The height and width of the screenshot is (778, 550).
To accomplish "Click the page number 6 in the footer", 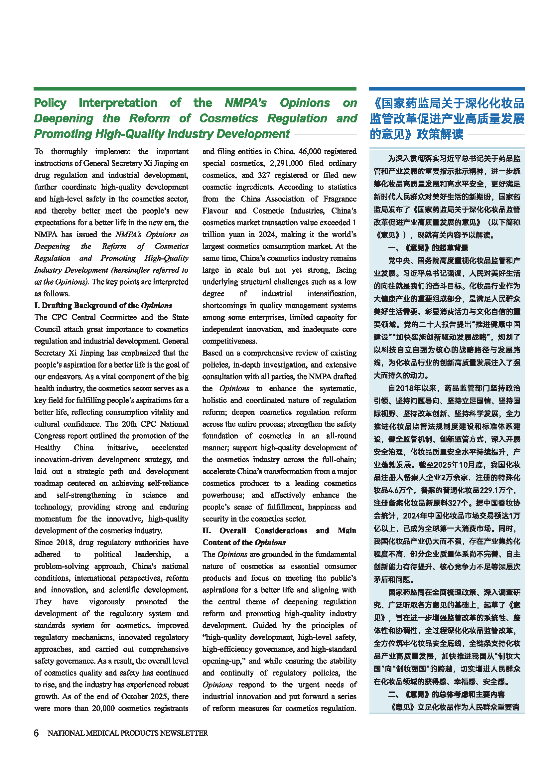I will click(x=36, y=733).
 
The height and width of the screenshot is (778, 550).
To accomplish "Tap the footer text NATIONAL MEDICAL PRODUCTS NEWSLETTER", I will click(x=128, y=733).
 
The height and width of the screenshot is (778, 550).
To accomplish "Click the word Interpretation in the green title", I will click(x=118, y=103).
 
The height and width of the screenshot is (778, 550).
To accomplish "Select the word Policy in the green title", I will click(x=50, y=103).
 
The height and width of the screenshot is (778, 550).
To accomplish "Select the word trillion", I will click(x=213, y=234).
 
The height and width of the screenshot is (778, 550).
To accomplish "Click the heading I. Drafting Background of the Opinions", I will click(x=103, y=306).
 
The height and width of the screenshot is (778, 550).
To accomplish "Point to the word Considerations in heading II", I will click(x=281, y=531).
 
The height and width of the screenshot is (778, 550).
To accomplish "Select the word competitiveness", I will click(x=230, y=341).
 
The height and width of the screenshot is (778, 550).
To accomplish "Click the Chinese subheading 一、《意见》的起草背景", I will click(x=428, y=248).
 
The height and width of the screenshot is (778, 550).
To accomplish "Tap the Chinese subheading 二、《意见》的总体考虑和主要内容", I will click(x=446, y=694).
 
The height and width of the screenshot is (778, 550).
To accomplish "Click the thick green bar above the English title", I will click(x=195, y=89).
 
